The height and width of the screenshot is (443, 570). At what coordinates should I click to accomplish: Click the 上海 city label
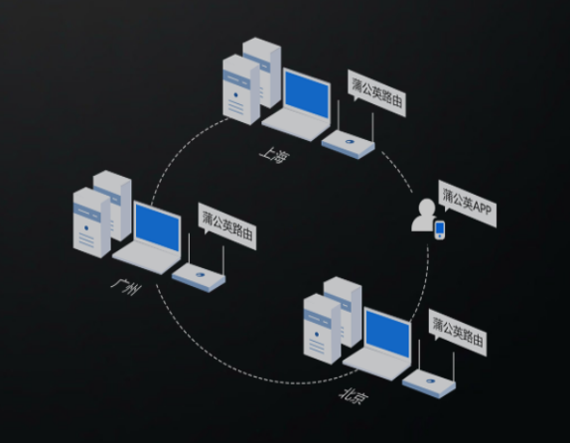tap(274, 155)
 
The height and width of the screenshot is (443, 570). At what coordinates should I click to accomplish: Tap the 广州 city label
tap(126, 287)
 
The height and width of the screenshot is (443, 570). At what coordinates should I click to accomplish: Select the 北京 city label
tap(354, 396)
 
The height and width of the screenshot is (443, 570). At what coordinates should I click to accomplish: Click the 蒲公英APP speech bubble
tap(468, 204)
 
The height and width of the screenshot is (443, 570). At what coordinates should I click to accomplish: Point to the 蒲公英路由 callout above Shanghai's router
tap(376, 93)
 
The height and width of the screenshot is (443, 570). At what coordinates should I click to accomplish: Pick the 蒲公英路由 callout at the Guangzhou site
tap(227, 226)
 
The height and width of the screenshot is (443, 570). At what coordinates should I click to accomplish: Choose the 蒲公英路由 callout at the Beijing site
tap(458, 333)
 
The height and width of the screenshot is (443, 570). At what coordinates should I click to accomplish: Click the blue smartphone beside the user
tap(440, 229)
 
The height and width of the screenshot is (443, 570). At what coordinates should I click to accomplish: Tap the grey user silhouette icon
tap(425, 215)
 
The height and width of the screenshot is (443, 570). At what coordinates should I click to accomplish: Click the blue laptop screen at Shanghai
tap(307, 94)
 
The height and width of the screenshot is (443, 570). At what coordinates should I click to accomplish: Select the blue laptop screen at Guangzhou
tap(158, 227)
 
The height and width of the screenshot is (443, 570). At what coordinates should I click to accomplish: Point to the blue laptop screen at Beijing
tap(388, 334)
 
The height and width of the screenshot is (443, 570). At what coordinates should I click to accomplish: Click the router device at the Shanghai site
tap(349, 143)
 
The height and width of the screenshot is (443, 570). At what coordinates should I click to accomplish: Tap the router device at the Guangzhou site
tap(199, 276)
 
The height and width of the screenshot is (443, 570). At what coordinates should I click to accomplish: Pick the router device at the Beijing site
tap(429, 383)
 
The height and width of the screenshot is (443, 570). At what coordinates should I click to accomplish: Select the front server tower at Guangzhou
tap(91, 222)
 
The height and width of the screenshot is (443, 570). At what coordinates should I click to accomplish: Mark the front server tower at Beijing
tap(322, 329)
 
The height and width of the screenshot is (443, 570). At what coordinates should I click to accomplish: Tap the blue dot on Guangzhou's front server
tap(86, 228)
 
